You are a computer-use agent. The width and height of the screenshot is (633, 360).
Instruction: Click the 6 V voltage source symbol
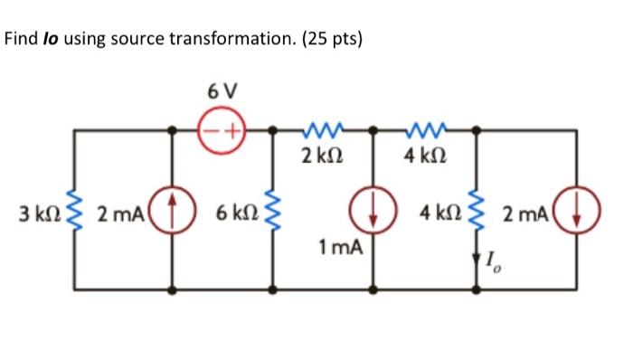pos(221,130)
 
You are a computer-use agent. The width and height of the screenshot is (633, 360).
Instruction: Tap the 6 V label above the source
pos(222,92)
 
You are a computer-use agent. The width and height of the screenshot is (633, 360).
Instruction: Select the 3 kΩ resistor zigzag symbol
pos(75,214)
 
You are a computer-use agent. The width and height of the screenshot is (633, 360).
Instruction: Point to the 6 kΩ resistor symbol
pos(274,214)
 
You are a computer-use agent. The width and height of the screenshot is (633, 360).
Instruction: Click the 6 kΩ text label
pos(236,214)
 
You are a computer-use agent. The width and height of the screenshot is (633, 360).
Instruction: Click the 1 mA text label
pos(339,245)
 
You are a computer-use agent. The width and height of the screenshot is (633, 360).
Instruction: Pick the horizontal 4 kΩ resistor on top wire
pos(423,130)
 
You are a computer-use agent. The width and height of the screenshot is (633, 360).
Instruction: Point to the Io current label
pos(493,264)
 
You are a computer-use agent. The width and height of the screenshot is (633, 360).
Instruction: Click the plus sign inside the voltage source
pos(231,130)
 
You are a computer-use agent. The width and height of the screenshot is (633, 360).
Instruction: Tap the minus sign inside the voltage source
pos(211,130)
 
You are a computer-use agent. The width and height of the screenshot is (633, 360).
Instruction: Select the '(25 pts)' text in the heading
pos(329,41)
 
